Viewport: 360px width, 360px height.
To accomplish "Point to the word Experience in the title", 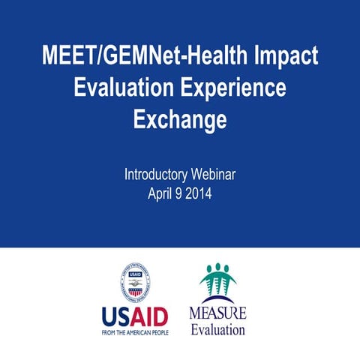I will click(x=234, y=88).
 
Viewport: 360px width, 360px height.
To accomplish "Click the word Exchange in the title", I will click(x=180, y=119).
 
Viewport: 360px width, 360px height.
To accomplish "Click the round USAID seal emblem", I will click(x=136, y=283).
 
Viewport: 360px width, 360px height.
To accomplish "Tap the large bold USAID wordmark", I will click(x=136, y=316).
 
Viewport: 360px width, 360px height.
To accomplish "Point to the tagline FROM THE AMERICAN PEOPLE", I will click(x=136, y=332).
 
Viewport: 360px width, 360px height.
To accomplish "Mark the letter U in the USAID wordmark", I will click(x=110, y=316).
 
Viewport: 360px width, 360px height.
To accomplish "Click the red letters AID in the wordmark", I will click(x=150, y=316).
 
